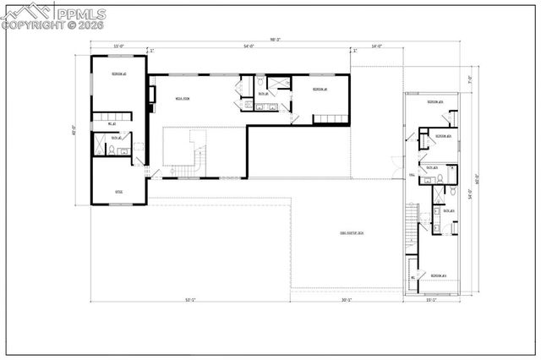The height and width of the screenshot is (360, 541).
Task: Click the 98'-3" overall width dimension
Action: [276, 39]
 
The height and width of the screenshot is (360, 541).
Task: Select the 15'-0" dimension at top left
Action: [117, 47]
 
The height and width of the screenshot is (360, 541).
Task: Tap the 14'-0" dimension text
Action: [376, 47]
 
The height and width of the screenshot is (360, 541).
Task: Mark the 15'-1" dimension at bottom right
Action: [430, 300]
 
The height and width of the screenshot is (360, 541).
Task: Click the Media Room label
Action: [182, 99]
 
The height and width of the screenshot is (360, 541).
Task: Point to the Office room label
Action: [119, 192]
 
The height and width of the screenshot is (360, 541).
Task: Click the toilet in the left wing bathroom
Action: [111, 150]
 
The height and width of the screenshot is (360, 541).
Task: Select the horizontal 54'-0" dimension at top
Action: [249, 47]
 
